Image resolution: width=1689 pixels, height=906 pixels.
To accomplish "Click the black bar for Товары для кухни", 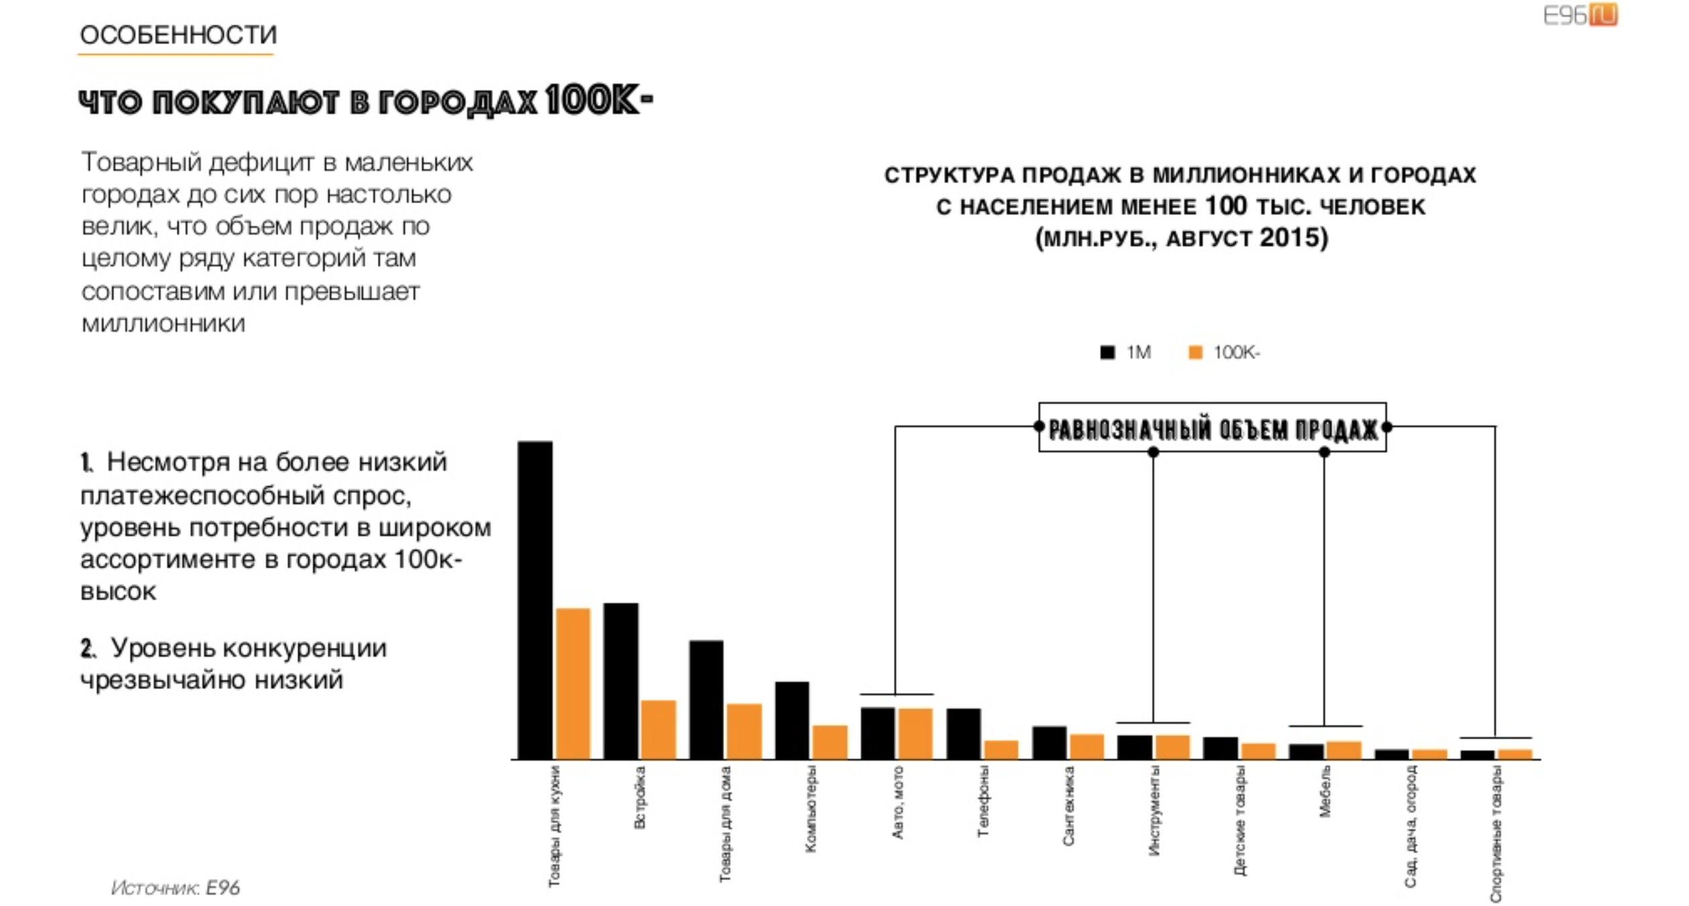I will (535, 600).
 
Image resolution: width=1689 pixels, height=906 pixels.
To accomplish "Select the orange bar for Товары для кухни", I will (573, 684).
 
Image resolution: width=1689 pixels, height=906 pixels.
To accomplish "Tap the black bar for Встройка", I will (621, 681).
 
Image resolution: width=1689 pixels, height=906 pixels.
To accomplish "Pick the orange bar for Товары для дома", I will (744, 731).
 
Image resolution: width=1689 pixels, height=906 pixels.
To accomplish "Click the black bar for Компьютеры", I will (792, 720).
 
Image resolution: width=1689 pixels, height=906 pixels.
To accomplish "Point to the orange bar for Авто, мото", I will (916, 733).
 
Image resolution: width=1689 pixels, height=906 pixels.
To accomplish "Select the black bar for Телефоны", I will (964, 733).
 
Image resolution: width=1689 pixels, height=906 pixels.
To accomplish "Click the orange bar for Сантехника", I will (1086, 747).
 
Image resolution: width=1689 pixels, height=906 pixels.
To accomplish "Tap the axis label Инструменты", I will (1154, 811).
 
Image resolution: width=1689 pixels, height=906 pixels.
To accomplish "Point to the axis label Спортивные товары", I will (1496, 834).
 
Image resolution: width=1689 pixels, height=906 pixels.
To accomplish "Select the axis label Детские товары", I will (1240, 820).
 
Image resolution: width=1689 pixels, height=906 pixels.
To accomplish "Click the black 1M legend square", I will (1107, 352).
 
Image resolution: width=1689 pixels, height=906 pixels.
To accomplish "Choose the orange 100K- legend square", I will (1195, 352).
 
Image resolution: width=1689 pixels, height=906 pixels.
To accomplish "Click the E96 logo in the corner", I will (1580, 15).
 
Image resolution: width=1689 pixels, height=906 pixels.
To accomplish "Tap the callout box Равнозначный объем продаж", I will (1212, 428).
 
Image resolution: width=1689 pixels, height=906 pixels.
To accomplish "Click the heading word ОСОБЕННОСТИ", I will (178, 35).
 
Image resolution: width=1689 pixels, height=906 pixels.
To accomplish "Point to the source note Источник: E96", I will (175, 887).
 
